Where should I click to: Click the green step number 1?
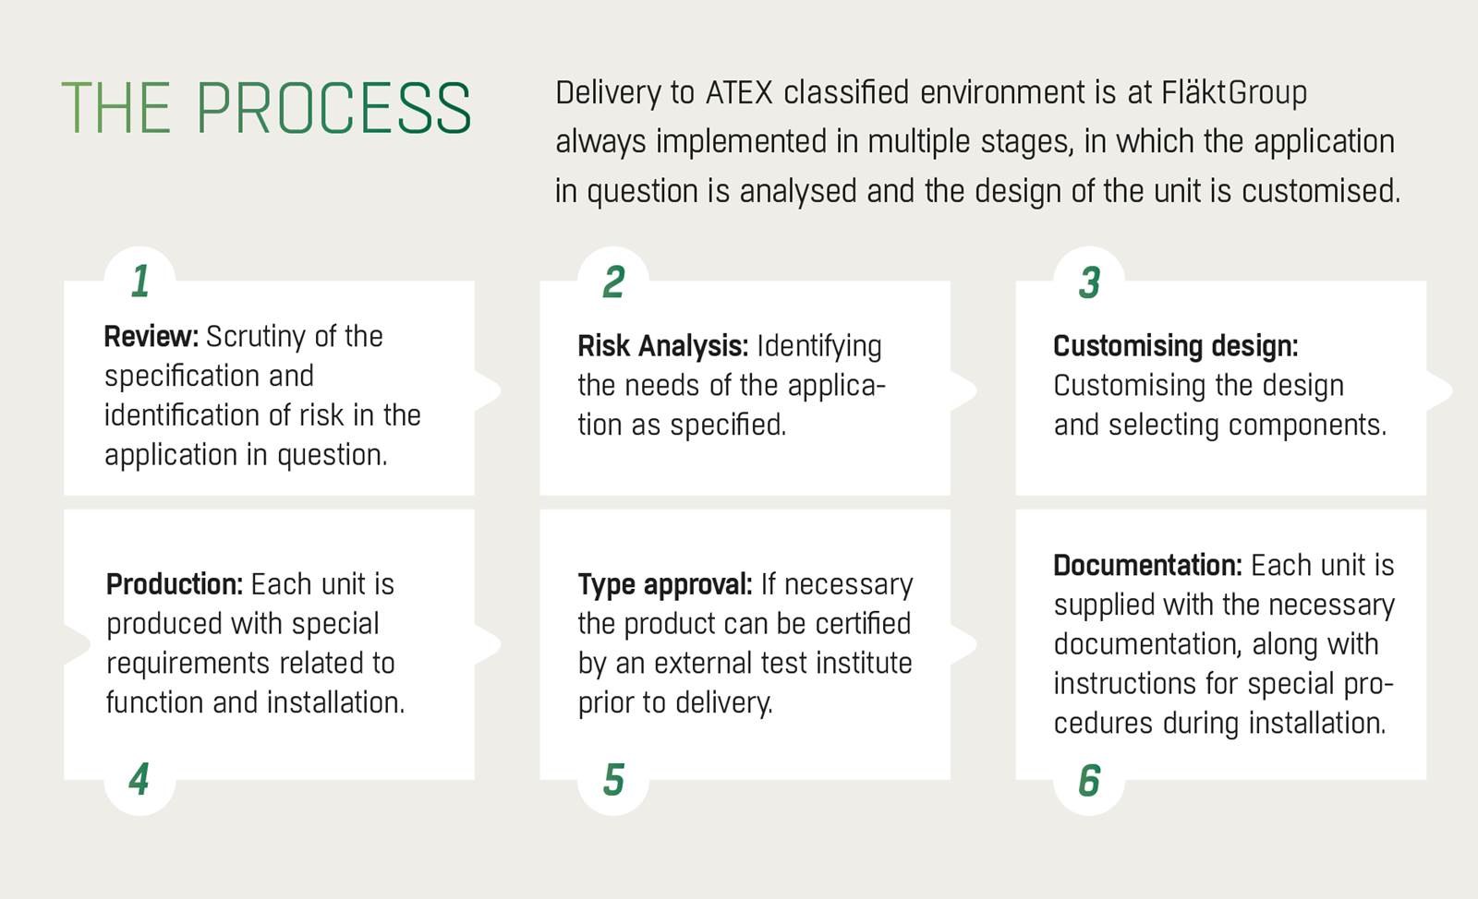point(139,282)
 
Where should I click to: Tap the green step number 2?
point(613,282)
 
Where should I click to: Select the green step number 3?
point(1089,282)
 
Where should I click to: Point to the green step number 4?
point(139,779)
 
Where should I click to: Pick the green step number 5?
point(613,779)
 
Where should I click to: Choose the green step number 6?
point(1089,779)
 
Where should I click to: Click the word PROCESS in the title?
point(333,108)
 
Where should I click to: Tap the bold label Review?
point(151,337)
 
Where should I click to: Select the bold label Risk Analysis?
point(663,347)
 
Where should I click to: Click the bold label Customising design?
point(1176,347)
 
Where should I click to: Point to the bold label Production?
point(175,584)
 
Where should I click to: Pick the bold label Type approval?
point(665,585)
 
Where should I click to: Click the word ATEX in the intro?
point(739,92)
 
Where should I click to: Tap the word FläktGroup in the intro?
point(1234,93)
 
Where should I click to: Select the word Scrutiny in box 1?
point(257,338)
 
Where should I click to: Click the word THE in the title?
point(116,108)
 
